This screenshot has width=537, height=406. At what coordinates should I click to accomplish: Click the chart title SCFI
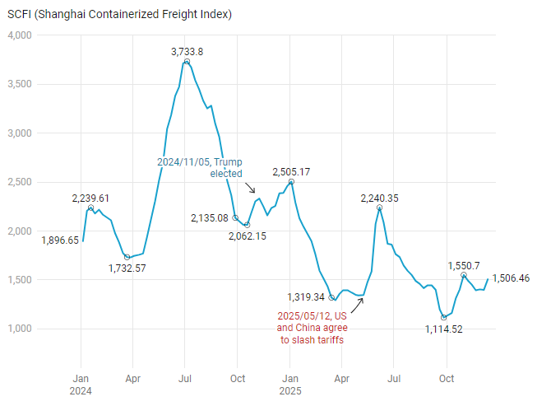pyautogui.click(x=119, y=15)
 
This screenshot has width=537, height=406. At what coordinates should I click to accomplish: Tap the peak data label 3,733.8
pyautogui.click(x=187, y=51)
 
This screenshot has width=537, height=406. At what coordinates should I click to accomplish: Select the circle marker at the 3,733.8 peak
pyautogui.click(x=187, y=62)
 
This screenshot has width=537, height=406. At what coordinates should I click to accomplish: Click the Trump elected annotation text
pyautogui.click(x=200, y=168)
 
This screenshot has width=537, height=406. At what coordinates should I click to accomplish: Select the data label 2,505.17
pyautogui.click(x=292, y=171)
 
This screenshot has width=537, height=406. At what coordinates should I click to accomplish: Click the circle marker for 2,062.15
pyautogui.click(x=247, y=225)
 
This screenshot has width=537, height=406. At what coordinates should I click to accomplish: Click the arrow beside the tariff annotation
pyautogui.click(x=356, y=305)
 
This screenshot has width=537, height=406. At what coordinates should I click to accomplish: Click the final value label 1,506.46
pyautogui.click(x=511, y=278)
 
